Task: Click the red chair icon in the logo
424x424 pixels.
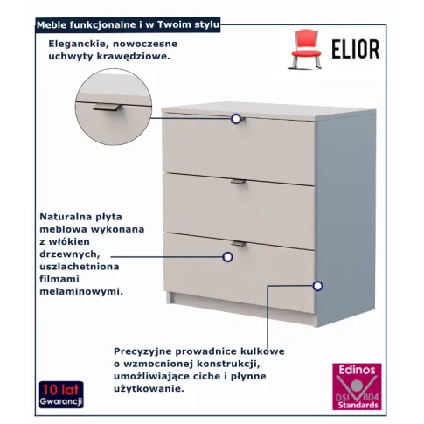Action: point(306,49)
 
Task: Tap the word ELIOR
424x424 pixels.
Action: point(356,49)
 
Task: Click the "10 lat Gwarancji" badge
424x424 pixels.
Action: point(61,394)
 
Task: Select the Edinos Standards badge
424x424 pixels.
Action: point(357,386)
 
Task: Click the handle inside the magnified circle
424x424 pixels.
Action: point(107,108)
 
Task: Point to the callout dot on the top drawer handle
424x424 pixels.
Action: point(236,119)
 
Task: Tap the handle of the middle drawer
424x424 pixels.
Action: point(239,182)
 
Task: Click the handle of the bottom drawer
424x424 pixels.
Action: point(239,244)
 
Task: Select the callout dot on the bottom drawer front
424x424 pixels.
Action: point(227,257)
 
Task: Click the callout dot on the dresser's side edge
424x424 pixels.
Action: point(317,286)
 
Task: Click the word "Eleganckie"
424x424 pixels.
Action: point(79,44)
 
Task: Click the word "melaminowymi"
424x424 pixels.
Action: point(81,291)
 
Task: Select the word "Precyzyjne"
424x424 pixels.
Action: point(142,351)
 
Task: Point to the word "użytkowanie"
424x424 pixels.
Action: point(149,388)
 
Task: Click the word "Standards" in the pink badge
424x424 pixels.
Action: point(358,405)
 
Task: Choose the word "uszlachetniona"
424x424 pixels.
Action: point(80,267)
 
